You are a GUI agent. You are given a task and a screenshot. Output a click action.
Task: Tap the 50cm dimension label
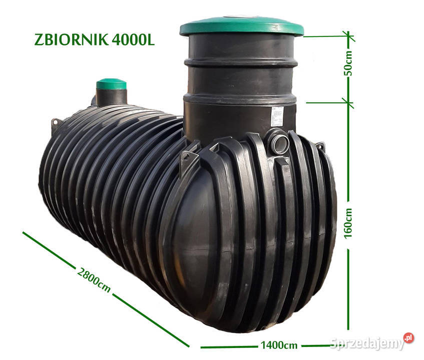[x=349, y=63]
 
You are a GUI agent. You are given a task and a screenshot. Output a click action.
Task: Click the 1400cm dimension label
[x=279, y=345]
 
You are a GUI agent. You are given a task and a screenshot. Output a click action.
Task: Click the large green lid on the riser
[x=242, y=26]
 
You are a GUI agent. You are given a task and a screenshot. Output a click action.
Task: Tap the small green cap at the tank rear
[x=111, y=83]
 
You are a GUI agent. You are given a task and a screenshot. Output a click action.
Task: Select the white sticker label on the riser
[x=277, y=116]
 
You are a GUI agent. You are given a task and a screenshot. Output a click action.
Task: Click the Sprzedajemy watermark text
[x=366, y=343]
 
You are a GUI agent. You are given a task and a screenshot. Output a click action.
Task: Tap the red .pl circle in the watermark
[x=408, y=338]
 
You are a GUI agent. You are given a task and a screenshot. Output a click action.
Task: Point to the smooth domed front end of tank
[x=200, y=240]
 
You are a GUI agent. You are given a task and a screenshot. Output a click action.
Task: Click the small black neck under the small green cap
[x=111, y=97]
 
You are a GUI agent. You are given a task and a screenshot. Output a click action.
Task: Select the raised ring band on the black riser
[x=241, y=63]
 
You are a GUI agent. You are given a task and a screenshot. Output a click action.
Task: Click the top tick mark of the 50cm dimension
[x=349, y=36]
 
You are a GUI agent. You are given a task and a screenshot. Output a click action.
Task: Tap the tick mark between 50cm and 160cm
[x=349, y=103]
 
